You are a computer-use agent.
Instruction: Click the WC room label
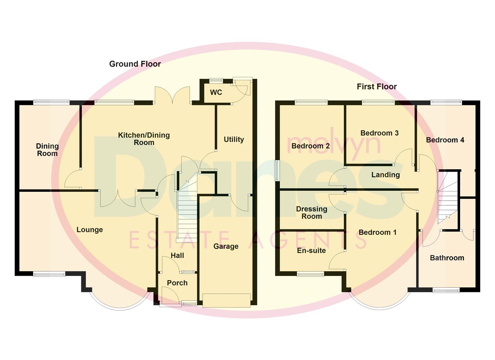coord(216,92)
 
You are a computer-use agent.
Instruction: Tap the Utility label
coord(234,139)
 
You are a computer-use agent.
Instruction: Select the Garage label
coord(226,246)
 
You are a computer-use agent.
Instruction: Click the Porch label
coord(177,283)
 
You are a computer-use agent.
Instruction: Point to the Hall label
coord(177,256)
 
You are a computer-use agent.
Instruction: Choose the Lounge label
coord(90,230)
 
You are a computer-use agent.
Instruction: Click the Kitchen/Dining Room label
coord(144,139)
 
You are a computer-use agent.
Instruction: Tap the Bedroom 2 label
coord(310,146)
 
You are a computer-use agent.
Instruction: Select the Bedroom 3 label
coord(379,133)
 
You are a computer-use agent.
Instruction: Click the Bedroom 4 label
coord(445,140)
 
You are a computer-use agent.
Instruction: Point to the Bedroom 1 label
coord(377,232)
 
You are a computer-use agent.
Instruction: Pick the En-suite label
coord(311,251)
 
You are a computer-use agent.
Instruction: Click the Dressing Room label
coord(312,213)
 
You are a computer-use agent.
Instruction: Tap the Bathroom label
coord(447,258)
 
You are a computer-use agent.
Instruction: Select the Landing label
coord(385,175)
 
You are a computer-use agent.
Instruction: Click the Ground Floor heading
coord(135,64)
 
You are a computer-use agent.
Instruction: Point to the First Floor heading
coord(377,87)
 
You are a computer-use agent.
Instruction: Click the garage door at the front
coord(226,300)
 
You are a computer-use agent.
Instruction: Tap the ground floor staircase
coord(187,213)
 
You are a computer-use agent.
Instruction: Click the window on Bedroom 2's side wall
coord(277,171)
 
